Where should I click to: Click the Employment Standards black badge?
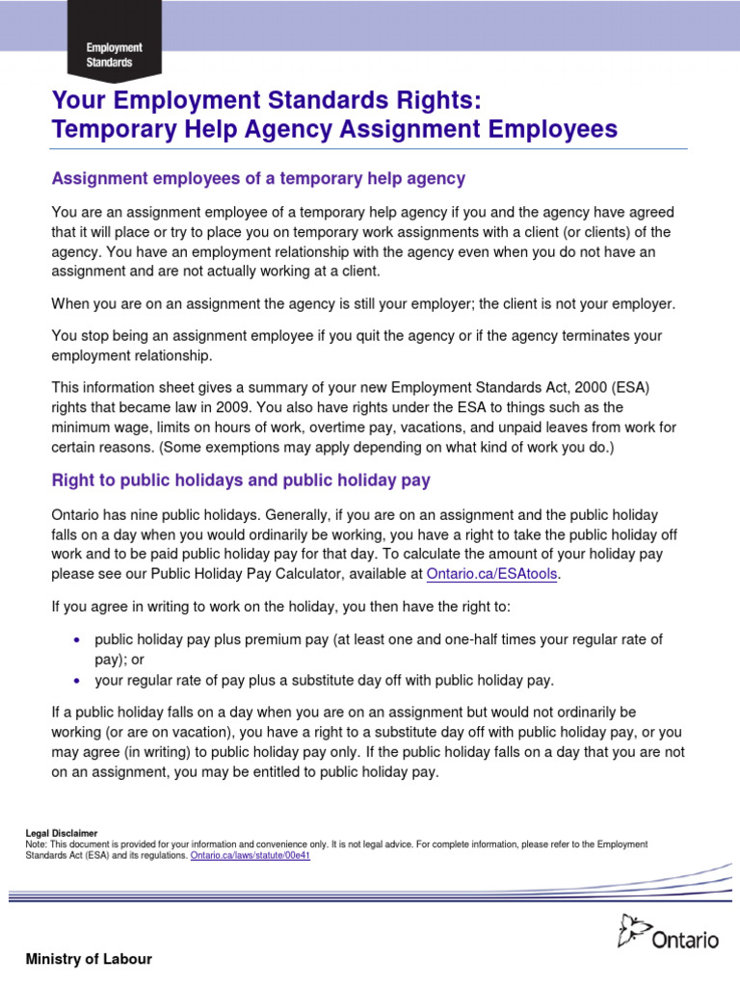click(x=115, y=55)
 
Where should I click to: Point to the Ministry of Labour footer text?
click(x=88, y=959)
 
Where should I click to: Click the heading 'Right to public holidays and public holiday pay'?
click(x=240, y=479)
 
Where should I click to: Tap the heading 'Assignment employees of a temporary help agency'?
click(x=257, y=178)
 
